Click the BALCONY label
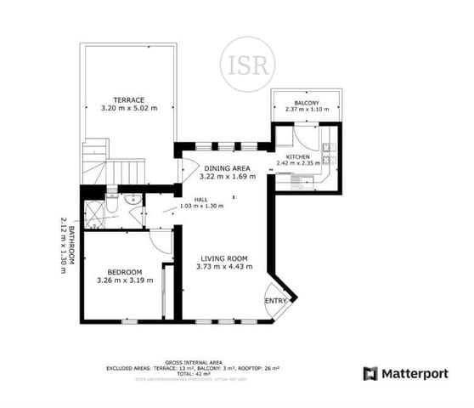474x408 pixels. [x=305, y=100]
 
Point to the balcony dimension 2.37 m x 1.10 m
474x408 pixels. [x=305, y=109]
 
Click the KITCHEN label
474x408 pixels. [x=297, y=157]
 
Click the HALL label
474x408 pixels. [x=201, y=199]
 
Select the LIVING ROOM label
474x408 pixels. [x=223, y=258]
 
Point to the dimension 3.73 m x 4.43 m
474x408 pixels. [x=223, y=267]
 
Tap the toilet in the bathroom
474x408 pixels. [x=129, y=201]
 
